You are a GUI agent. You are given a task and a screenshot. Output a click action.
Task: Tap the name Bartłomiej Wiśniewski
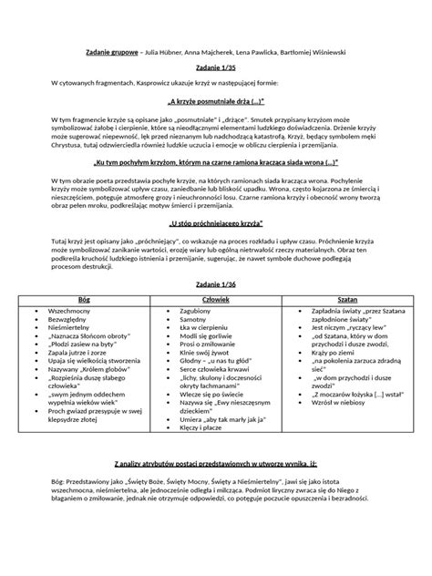coord(315,52)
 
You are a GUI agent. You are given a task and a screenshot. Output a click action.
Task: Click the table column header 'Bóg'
coord(85,299)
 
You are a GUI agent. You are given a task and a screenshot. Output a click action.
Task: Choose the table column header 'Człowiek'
coord(215,299)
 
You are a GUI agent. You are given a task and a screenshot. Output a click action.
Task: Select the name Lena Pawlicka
coord(245,52)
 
